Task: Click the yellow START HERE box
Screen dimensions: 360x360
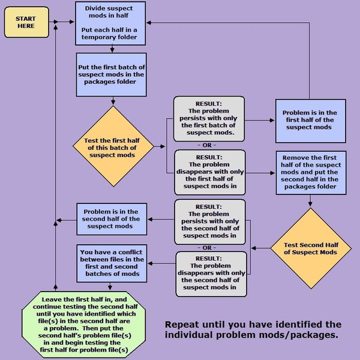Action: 26,23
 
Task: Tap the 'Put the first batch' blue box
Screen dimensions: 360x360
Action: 111,74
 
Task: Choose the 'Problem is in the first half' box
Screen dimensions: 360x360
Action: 310,120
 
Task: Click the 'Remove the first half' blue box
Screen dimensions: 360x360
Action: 311,172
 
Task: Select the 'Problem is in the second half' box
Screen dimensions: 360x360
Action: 111,218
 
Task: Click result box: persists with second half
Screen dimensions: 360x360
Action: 211,221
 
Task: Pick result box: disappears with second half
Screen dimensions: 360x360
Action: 211,274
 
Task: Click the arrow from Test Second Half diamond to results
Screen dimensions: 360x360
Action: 260,247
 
